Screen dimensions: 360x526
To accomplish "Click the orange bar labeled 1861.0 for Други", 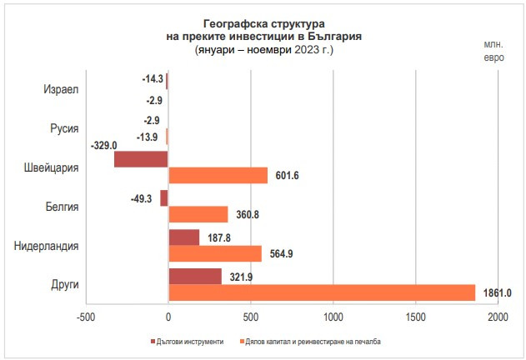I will point(321,292).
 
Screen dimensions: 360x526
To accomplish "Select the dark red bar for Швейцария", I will point(141,158).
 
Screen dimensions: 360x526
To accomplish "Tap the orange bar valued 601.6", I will point(218,175).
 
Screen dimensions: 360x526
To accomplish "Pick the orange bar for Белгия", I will point(198,214).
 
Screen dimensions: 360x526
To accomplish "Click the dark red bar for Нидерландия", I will point(183,237).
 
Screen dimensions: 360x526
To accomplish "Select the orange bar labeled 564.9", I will point(214,253).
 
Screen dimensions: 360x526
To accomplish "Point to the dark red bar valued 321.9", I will point(194,277).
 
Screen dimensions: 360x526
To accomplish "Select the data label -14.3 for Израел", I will point(152,80).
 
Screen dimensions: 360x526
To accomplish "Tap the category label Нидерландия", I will point(47,246).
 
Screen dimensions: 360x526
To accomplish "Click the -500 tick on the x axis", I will point(86,317).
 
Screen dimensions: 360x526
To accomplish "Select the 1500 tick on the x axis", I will point(415,317).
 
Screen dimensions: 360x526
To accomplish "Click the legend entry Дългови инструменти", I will point(189,342).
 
